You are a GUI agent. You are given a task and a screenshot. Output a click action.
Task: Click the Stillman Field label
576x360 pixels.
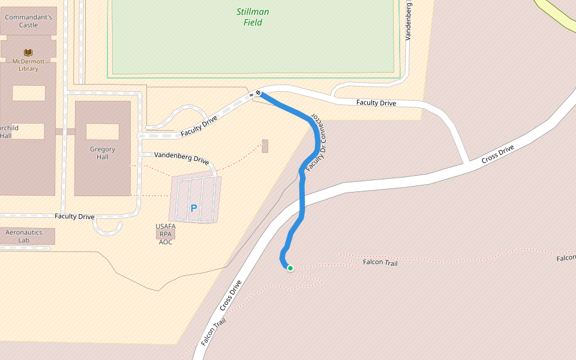(x=253, y=17)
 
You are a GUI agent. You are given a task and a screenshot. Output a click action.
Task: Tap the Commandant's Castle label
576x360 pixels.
(x=28, y=21)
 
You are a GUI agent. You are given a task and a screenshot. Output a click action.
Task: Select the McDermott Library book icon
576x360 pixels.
(x=28, y=53)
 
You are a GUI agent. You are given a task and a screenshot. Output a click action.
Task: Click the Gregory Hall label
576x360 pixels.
(x=102, y=153)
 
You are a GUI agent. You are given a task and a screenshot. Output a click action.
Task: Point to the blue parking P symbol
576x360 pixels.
(x=193, y=208)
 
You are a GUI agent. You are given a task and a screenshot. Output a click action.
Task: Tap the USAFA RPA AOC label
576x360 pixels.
(x=165, y=234)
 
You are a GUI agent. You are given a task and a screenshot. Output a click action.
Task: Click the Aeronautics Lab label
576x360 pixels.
(x=24, y=236)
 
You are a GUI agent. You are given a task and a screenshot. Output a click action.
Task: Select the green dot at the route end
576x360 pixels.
(x=290, y=268)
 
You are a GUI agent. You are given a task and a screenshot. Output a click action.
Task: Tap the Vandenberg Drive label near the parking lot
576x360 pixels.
(x=181, y=158)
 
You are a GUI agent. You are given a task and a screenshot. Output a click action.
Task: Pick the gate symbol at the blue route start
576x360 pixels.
(x=258, y=93)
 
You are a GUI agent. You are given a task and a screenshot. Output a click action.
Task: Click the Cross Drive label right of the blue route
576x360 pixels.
(x=498, y=154)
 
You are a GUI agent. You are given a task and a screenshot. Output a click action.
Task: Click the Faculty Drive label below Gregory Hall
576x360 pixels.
(x=74, y=216)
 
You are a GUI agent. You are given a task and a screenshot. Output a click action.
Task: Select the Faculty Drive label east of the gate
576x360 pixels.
(x=376, y=103)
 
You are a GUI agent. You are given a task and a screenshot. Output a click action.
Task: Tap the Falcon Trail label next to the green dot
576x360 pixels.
(x=380, y=262)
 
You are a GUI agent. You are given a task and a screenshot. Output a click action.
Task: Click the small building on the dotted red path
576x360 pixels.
(x=265, y=146)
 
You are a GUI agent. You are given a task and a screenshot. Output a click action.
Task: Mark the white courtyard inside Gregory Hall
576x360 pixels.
(x=102, y=131)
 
